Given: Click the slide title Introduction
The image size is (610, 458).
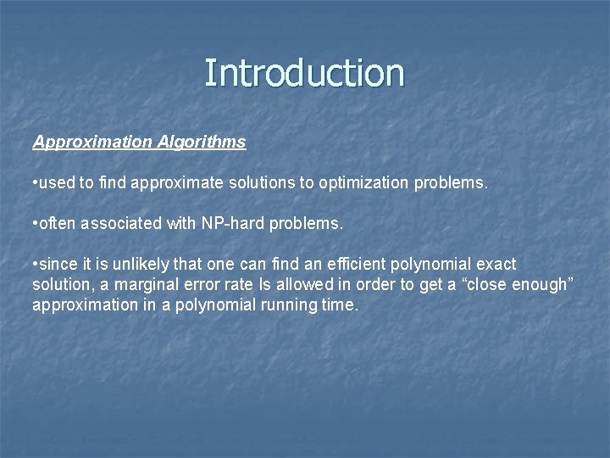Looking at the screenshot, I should [304, 73].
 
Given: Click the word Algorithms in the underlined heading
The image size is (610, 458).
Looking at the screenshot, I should [202, 142].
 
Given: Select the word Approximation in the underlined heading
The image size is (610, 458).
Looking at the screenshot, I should [93, 142].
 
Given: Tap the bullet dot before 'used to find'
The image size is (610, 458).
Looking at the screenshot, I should [35, 183].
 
